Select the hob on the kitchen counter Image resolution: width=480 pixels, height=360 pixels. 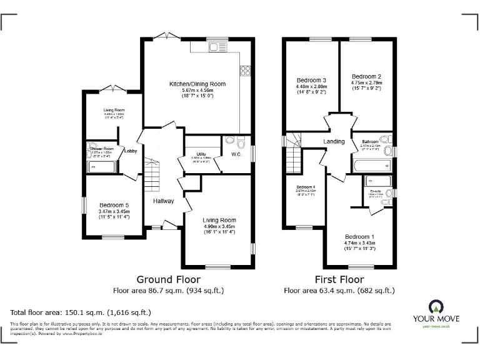(x=246, y=70)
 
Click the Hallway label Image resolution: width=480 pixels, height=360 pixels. (x=164, y=201)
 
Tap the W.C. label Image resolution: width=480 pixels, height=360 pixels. (x=236, y=154)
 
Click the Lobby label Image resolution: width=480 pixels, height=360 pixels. (x=131, y=151)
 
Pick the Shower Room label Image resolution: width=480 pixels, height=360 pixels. (x=100, y=149)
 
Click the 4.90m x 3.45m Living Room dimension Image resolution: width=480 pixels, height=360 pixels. (x=219, y=226)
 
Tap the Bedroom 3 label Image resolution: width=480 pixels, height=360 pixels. (x=311, y=81)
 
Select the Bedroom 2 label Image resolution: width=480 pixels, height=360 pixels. (x=366, y=76)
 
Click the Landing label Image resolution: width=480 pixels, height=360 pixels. (x=334, y=141)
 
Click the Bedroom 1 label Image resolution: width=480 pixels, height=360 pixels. (x=359, y=236)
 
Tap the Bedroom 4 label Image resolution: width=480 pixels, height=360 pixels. (x=306, y=187)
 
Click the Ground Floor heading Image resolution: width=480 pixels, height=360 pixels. (x=168, y=279)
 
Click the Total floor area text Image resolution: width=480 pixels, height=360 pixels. (x=81, y=311)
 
